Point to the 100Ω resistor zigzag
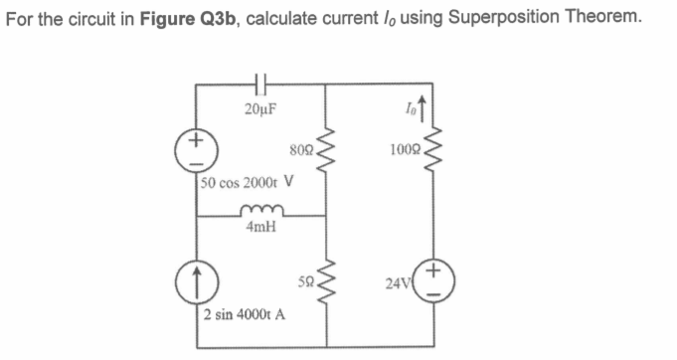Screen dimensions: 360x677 click(429, 155)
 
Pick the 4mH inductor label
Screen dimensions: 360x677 click(260, 229)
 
